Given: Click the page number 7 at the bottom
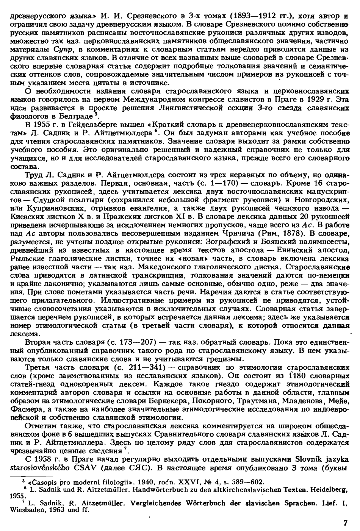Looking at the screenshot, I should (345, 523).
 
